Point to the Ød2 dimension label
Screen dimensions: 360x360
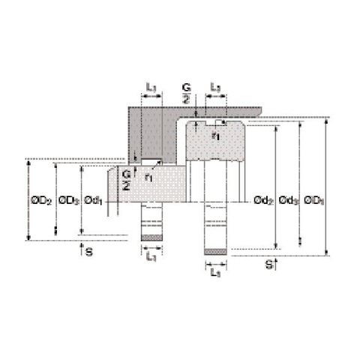pyautogui.click(x=262, y=200)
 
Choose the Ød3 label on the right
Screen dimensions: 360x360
pyautogui.click(x=287, y=200)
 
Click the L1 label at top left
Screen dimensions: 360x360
pyautogui.click(x=151, y=88)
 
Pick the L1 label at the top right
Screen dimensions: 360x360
pyautogui.click(x=214, y=88)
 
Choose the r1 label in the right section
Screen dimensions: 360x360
pyautogui.click(x=216, y=136)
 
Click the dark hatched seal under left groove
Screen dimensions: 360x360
pyautogui.click(x=151, y=239)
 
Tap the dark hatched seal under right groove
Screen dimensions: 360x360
pyautogui.click(x=215, y=251)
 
